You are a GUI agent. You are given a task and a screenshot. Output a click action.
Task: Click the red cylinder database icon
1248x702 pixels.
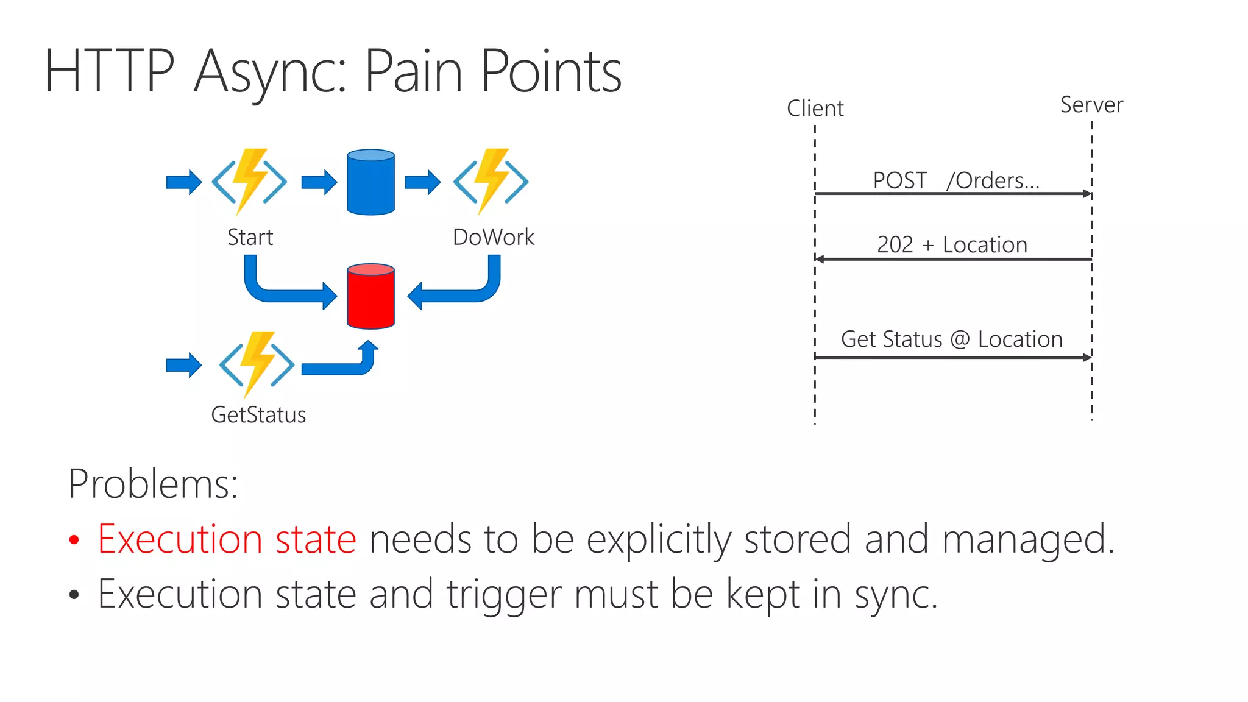370,297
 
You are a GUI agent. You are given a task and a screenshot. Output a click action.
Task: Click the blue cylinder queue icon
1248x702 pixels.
370,182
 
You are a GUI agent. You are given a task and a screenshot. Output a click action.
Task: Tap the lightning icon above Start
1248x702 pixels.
249,181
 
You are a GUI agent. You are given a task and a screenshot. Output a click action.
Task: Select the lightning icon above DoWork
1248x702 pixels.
491,181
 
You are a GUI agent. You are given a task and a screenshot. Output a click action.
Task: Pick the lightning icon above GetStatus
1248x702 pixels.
257,364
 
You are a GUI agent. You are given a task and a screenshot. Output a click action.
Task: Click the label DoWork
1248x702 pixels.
493,237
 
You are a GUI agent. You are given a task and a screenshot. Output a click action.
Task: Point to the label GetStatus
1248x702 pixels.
258,415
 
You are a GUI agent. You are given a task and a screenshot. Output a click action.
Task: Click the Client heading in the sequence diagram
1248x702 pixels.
815,108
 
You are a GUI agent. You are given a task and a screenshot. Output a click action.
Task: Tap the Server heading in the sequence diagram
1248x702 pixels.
1091,105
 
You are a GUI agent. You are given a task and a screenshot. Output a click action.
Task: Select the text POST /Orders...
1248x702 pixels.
955,180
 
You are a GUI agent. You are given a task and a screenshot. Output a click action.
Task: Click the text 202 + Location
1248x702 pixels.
952,244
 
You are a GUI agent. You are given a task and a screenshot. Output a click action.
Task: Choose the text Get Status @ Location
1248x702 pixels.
951,339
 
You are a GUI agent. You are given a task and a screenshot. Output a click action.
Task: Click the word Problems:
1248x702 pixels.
153,484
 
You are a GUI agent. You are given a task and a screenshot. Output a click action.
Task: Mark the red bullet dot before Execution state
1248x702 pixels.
74,540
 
